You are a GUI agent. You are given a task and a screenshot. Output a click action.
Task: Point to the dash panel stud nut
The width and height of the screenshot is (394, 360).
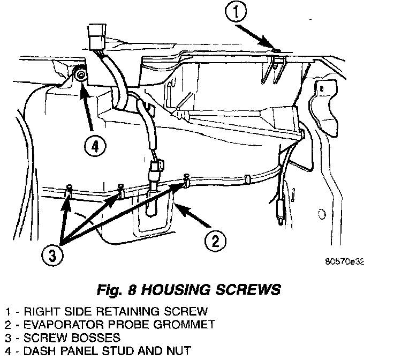click(x=80, y=76)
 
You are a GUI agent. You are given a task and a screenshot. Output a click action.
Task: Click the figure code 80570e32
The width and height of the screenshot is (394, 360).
click(x=344, y=262)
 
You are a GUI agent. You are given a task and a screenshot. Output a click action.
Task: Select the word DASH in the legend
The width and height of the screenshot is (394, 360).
click(x=33, y=351)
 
